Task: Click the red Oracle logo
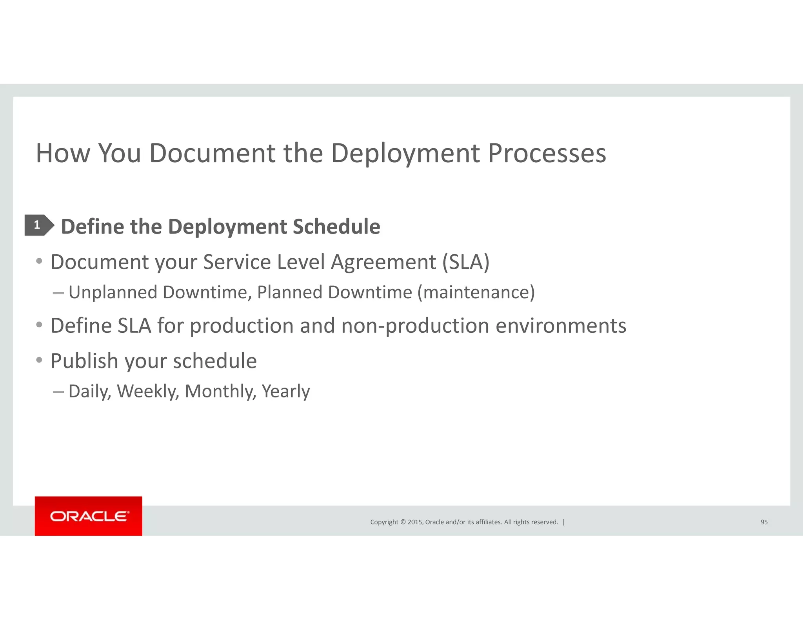(89, 516)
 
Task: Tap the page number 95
(764, 522)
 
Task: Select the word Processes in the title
(547, 153)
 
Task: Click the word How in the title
(63, 153)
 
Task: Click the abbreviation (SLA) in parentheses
(466, 262)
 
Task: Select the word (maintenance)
(476, 292)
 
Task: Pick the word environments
(561, 326)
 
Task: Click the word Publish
(84, 361)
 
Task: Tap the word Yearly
(285, 391)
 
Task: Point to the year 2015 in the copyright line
(415, 522)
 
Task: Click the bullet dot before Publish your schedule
(39, 360)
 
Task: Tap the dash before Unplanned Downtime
(58, 292)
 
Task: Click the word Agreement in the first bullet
(383, 262)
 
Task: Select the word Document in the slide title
(212, 153)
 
